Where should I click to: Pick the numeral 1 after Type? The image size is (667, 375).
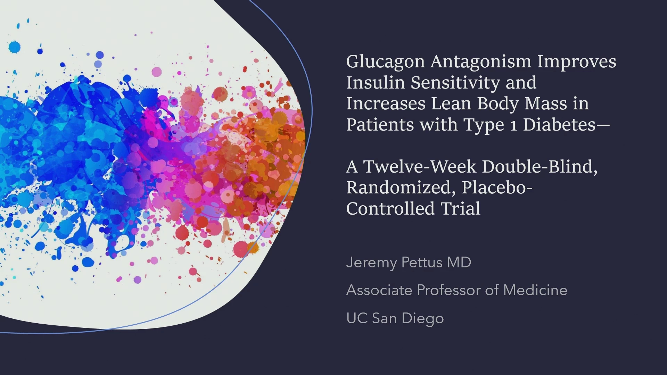tap(513, 125)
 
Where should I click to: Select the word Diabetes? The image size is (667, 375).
tap(559, 124)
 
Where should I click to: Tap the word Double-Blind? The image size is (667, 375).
tap(540, 167)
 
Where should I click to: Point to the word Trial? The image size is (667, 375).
tap(461, 209)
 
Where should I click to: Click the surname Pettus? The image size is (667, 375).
tap(422, 262)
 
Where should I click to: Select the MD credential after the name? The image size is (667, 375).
tap(459, 262)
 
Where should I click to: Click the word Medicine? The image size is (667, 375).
tap(535, 290)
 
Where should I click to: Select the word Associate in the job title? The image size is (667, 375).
tap(379, 290)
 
